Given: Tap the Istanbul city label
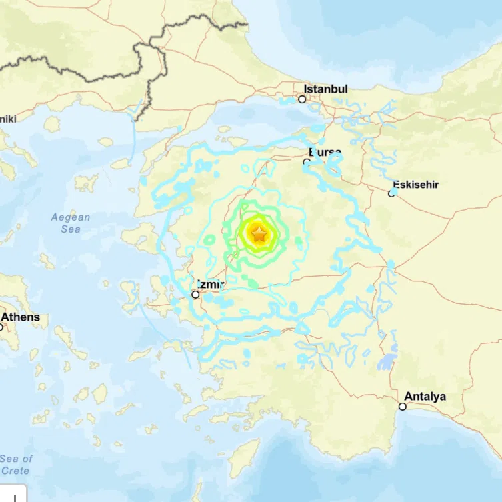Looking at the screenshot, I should [x=325, y=89].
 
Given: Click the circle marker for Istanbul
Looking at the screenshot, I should [x=302, y=99].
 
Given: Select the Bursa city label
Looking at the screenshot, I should [x=325, y=153].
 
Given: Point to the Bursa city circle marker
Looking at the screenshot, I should [x=307, y=162].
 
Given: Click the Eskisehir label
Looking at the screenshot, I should [x=415, y=185].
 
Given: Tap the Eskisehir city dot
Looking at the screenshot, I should [x=392, y=194].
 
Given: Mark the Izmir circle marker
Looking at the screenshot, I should [x=195, y=294].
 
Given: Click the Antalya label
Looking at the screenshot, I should [x=425, y=397].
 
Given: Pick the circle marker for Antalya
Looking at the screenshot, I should [x=402, y=406].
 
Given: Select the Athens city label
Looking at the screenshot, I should [x=20, y=317].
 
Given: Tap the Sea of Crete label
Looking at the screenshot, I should [x=16, y=465].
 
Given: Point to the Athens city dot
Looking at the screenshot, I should [x=1, y=327].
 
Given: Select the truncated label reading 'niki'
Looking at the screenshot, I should [x=8, y=119].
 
